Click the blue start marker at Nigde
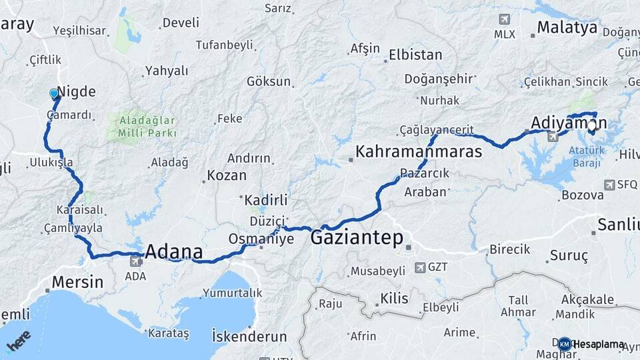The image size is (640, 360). [55, 94]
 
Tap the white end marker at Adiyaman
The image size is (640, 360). [591, 125]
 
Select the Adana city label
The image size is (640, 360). [173, 252]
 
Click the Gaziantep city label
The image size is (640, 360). [357, 238]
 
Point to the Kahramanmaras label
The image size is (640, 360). [419, 152]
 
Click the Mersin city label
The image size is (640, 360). [77, 282]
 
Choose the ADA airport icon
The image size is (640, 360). [137, 261]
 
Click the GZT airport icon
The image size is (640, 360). [420, 267]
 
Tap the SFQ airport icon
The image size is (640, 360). [609, 185]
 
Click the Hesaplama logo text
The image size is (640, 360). [598, 344]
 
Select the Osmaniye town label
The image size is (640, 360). [261, 239]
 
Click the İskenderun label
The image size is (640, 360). [249, 336]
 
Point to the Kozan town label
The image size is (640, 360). [227, 176]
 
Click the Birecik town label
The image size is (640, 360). [510, 249]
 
